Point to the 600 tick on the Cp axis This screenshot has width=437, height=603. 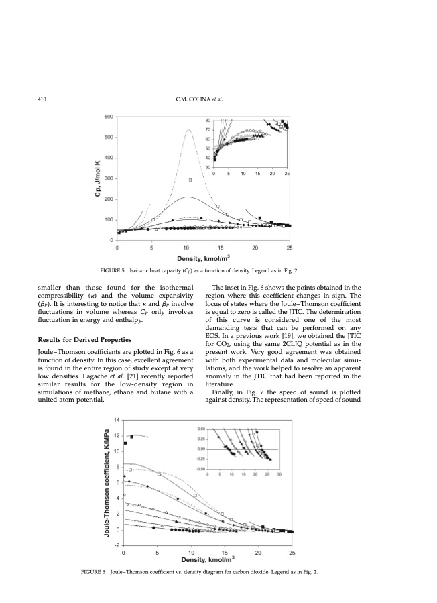click(107, 117)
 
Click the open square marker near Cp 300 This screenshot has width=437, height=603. click(190, 180)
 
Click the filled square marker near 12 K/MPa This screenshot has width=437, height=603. click(132, 437)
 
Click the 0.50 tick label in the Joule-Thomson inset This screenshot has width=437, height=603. click(200, 428)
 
